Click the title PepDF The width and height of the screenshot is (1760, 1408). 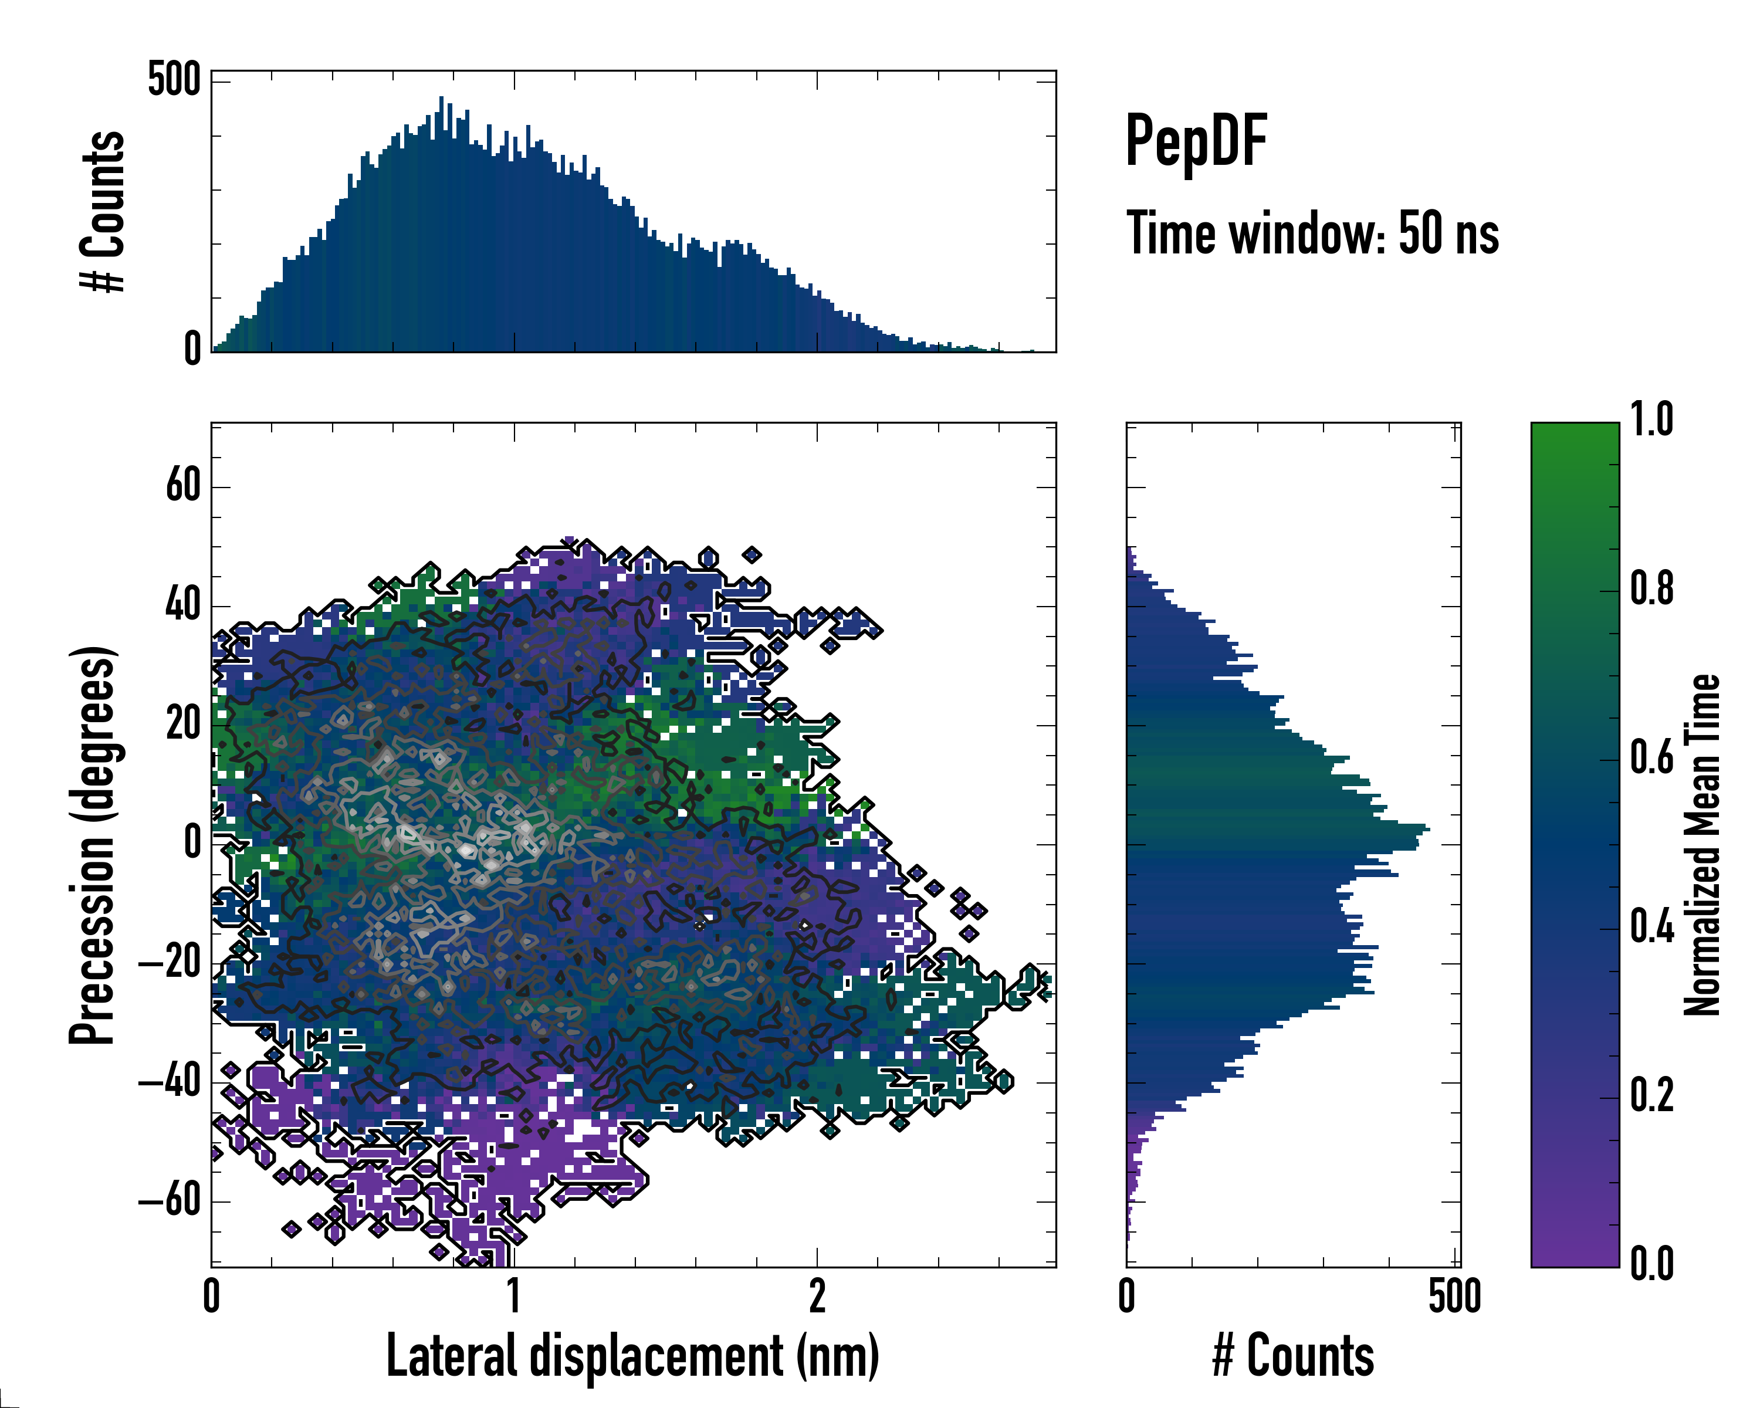[1196, 141]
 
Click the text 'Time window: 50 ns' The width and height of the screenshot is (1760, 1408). [1312, 233]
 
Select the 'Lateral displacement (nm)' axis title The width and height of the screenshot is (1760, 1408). [632, 1356]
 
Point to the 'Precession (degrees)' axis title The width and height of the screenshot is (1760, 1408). [92, 845]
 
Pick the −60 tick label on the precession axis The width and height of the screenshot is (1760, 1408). [170, 1201]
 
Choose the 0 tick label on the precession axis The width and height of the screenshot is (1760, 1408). [192, 842]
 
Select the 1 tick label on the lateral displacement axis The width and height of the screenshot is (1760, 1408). [513, 1296]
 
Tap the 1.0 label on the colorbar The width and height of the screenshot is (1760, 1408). [1651, 421]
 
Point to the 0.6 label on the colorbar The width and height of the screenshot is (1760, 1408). [1651, 759]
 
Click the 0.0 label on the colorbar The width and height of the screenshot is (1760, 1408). [1651, 1264]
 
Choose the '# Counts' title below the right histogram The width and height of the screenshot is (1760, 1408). [1293, 1356]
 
